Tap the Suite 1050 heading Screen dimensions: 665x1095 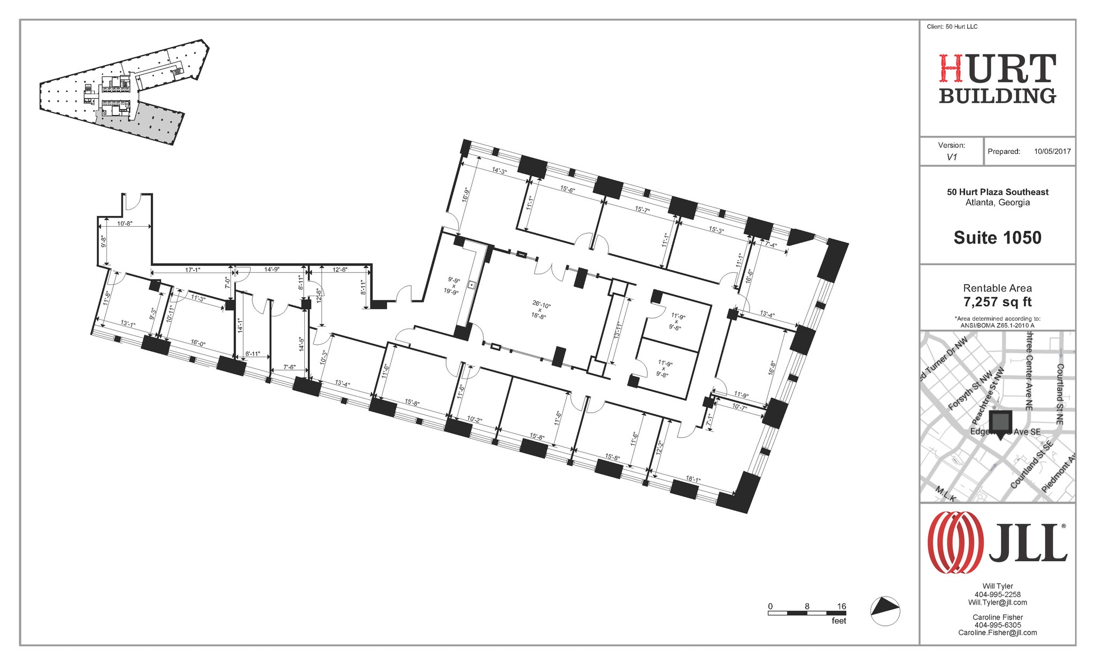click(997, 237)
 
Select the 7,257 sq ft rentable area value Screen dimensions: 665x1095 click(997, 302)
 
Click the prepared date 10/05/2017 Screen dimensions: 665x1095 click(1052, 151)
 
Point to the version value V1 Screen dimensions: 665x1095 click(952, 157)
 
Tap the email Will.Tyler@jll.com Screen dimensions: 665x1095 click(997, 602)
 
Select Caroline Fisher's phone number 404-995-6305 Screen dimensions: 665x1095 click(997, 625)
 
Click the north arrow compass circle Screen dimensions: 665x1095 click(885, 611)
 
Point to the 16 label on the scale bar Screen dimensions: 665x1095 click(842, 606)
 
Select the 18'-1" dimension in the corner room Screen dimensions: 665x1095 click(692, 480)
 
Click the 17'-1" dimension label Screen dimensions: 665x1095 click(192, 270)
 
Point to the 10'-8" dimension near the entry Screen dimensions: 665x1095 click(125, 223)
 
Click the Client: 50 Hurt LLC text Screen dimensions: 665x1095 click(952, 27)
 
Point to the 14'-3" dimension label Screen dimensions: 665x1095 click(499, 171)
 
